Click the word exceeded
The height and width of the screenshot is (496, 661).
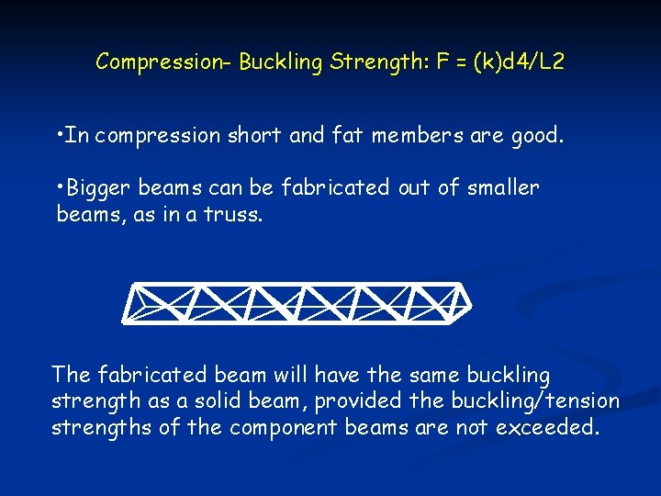point(547,428)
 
